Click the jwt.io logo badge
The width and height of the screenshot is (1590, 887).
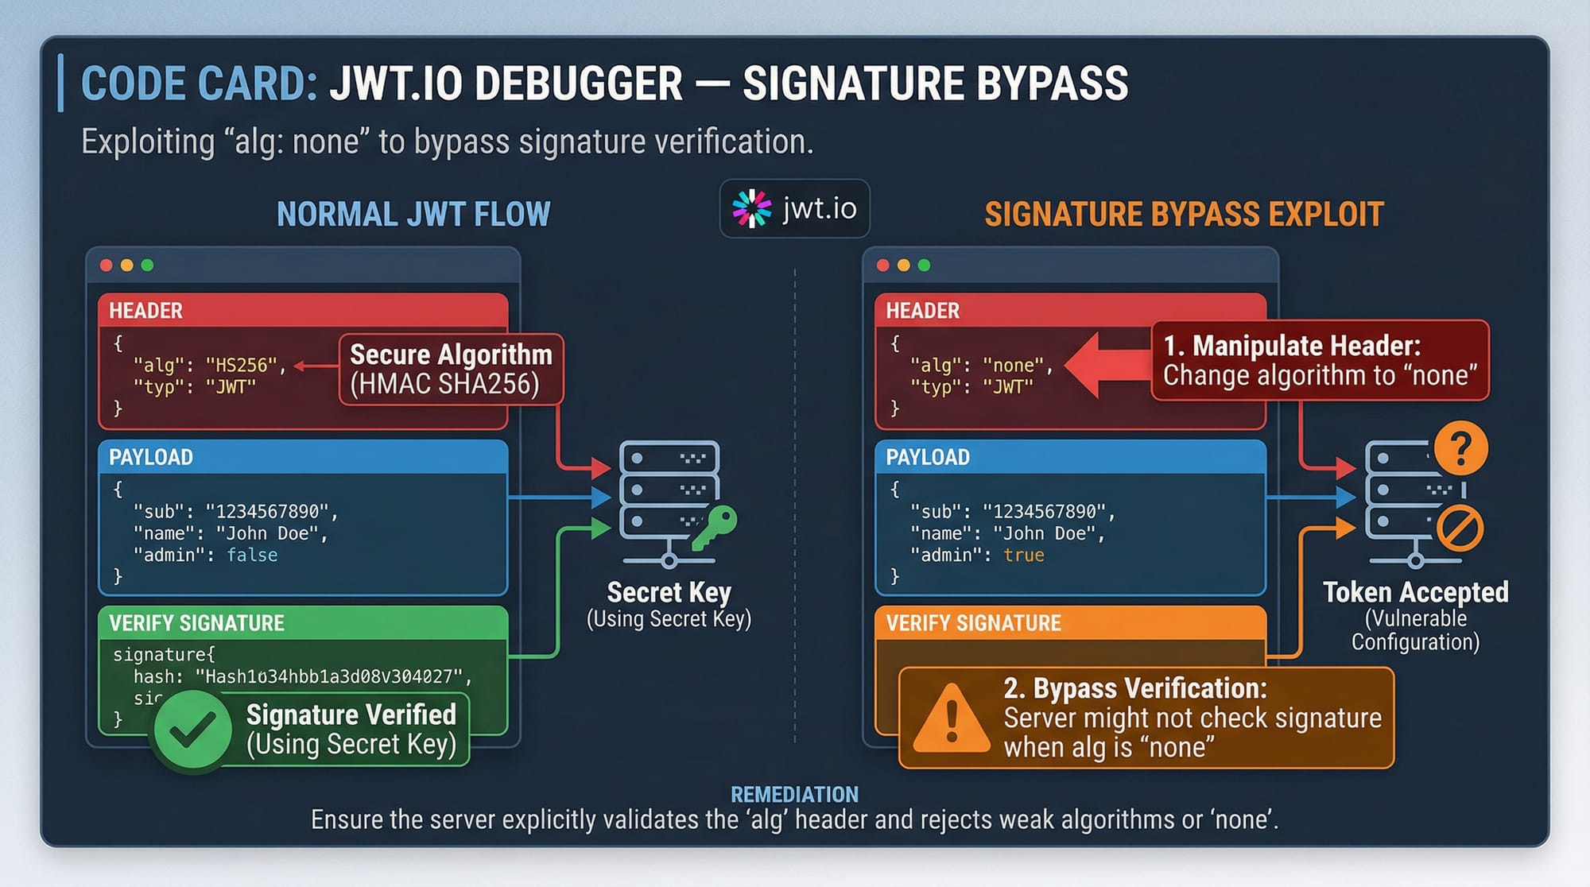coord(794,208)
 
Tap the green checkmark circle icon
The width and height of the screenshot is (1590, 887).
coord(192,729)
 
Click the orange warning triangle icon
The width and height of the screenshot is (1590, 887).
coord(950,718)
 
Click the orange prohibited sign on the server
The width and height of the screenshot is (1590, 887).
coord(1460,529)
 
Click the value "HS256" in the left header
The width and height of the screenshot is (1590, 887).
coord(241,365)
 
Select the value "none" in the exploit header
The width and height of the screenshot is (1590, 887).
coord(1013,365)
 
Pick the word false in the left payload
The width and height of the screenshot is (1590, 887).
coord(252,555)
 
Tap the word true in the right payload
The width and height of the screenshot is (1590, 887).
coord(1023,555)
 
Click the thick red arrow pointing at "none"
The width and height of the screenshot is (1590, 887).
coord(1107,365)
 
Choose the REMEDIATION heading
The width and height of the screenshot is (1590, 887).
coord(794,794)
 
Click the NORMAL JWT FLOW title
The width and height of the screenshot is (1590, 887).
coord(413,214)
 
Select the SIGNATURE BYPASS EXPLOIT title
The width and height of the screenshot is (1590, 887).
coord(1184,214)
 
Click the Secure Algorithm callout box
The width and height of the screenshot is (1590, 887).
coord(451,369)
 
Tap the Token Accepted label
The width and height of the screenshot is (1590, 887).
coord(1415,592)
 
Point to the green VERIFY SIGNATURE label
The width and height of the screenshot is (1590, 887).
coord(196,623)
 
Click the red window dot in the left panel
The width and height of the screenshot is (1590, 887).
coord(106,265)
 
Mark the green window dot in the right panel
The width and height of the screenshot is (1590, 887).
coord(924,265)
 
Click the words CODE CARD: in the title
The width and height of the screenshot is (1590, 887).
coord(199,83)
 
